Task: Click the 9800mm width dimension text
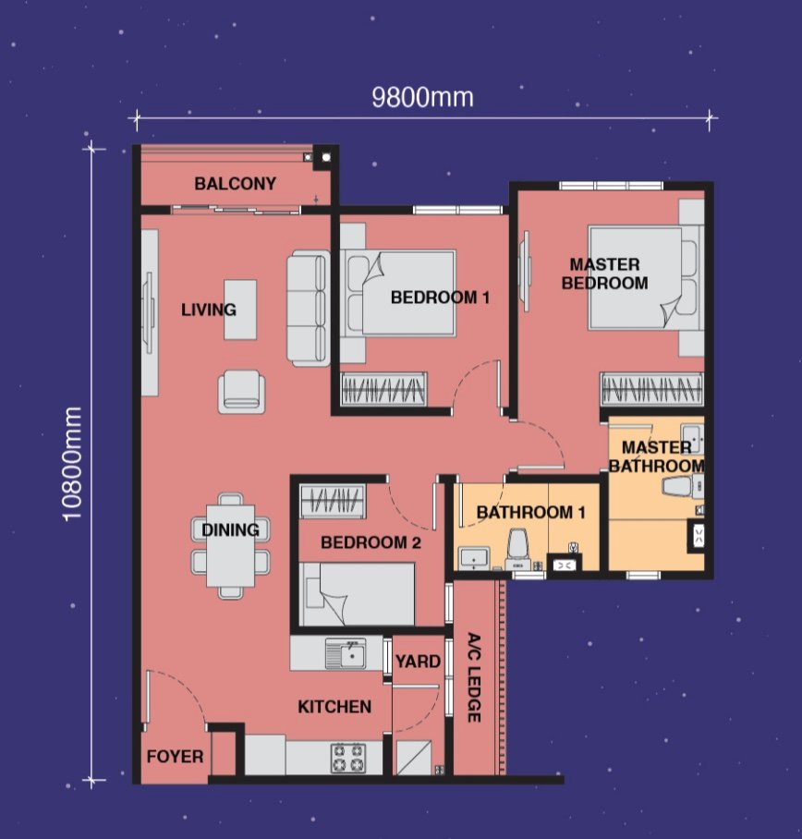pyautogui.click(x=422, y=98)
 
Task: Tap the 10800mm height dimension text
pyautogui.click(x=72, y=464)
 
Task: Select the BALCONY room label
pyautogui.click(x=235, y=184)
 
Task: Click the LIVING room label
pyautogui.click(x=208, y=310)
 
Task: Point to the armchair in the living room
pyautogui.click(x=241, y=392)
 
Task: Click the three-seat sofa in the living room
pyautogui.click(x=309, y=309)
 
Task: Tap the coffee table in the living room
pyautogui.click(x=240, y=310)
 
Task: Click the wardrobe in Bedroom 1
pyautogui.click(x=383, y=388)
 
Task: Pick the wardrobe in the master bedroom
pyautogui.click(x=651, y=388)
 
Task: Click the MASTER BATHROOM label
pyautogui.click(x=656, y=456)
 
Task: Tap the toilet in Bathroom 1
pyautogui.click(x=518, y=550)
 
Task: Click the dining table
pyautogui.click(x=231, y=546)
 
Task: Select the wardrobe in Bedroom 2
pyautogui.click(x=333, y=501)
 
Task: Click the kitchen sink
pyautogui.click(x=346, y=653)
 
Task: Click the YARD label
pyautogui.click(x=418, y=662)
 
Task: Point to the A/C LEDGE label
pyautogui.click(x=474, y=677)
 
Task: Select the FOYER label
pyautogui.click(x=175, y=757)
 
